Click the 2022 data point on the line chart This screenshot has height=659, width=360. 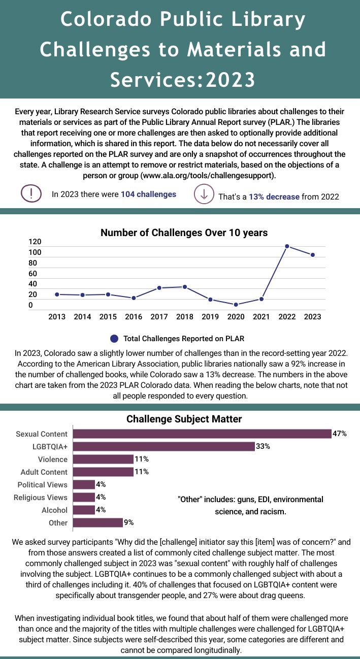(x=287, y=246)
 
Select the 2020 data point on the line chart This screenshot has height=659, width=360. (x=236, y=305)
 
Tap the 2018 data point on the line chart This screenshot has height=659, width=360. (x=185, y=287)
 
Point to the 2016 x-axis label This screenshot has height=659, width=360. (x=134, y=317)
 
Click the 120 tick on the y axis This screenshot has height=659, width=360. (x=35, y=242)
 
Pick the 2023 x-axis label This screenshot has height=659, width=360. (x=312, y=317)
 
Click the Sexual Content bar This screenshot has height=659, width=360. (x=202, y=434)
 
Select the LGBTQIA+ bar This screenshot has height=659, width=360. (x=163, y=446)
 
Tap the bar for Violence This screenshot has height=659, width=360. (x=103, y=459)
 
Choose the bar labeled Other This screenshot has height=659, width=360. (x=97, y=522)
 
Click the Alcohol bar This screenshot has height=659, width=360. (x=84, y=510)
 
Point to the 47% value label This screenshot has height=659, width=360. (x=339, y=434)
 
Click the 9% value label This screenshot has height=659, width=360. (x=129, y=522)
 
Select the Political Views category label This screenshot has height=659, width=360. (x=43, y=485)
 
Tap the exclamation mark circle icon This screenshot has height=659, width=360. (x=31, y=193)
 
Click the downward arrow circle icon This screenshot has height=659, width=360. (x=204, y=194)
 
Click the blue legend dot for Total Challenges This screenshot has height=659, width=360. (x=114, y=339)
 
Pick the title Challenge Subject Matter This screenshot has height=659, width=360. (x=184, y=419)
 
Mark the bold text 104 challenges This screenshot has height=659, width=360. (x=148, y=194)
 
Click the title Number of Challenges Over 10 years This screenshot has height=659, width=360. (x=184, y=233)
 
